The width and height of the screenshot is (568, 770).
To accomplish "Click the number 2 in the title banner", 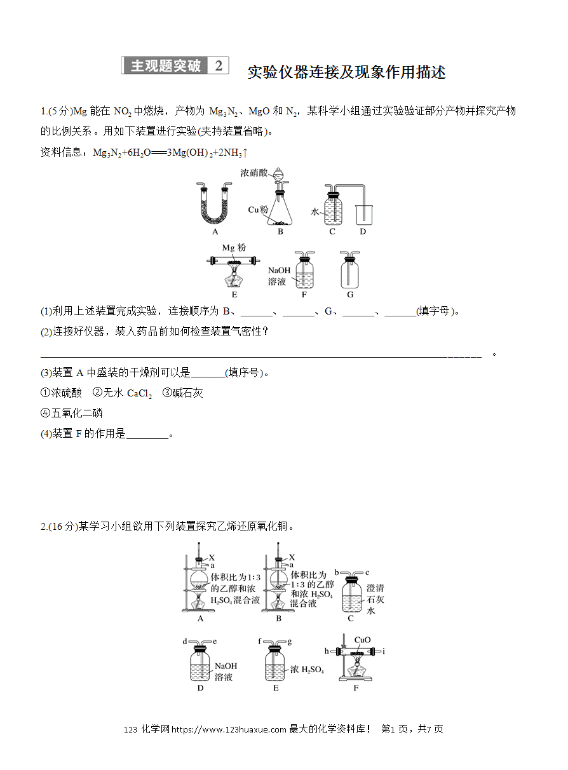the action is (219, 65).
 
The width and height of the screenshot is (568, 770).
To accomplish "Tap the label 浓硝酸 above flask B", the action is (254, 173).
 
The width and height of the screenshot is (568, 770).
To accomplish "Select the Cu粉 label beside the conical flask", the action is (258, 210).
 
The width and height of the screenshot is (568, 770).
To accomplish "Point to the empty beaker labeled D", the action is (364, 215).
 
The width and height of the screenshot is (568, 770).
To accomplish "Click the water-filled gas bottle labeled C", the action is (333, 207).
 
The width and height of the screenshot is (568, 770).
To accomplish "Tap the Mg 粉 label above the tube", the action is (234, 248).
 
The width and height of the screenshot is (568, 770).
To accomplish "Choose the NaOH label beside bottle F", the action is (279, 271).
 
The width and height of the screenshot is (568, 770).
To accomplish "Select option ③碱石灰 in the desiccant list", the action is (182, 393).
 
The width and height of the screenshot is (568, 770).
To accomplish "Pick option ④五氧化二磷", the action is (72, 413).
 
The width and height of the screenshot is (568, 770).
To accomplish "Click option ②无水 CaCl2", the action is (122, 393).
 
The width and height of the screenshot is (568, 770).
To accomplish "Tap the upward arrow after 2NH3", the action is (245, 152).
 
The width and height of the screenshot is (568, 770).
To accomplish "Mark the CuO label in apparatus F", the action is (362, 640).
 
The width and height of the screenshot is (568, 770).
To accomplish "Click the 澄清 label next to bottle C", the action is (375, 588).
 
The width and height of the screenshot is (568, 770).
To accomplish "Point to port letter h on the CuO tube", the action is (327, 651).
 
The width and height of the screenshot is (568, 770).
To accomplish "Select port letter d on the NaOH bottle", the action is (185, 641).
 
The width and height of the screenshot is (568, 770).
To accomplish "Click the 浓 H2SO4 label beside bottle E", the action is (307, 669).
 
